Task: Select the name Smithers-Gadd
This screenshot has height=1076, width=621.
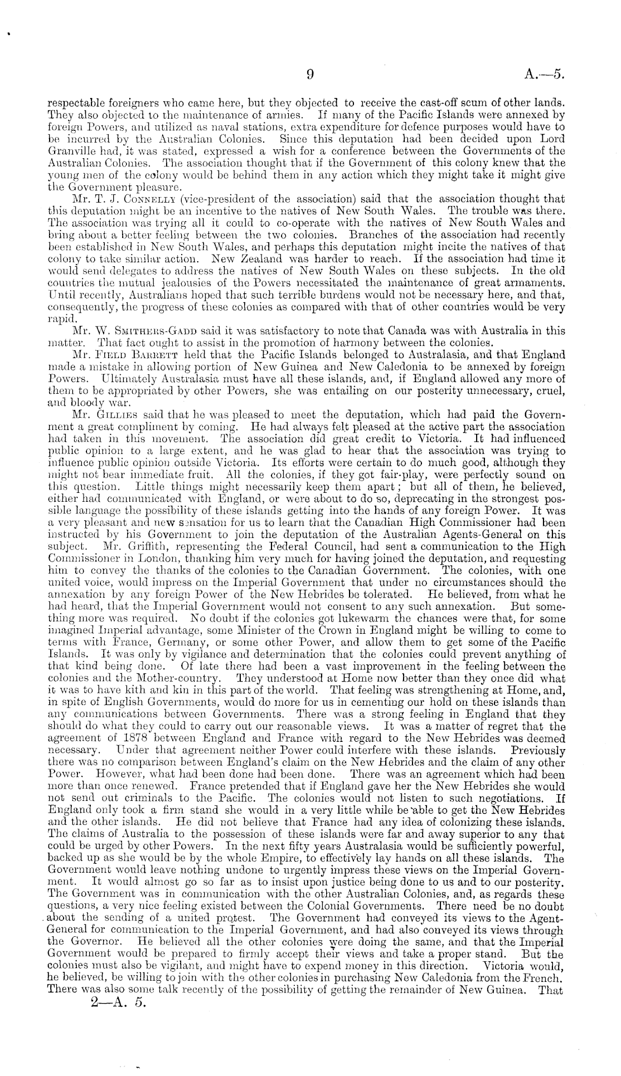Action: pos(139,330)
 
